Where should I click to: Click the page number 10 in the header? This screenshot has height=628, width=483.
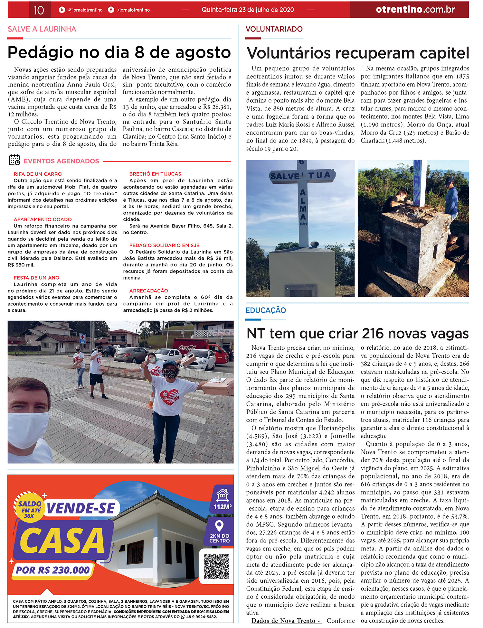click(x=39, y=10)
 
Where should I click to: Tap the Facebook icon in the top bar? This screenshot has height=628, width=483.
click(x=111, y=10)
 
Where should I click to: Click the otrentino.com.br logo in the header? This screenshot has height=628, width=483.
click(x=415, y=10)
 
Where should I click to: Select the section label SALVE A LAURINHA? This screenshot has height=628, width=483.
click(x=42, y=29)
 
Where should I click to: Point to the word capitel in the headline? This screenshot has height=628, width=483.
click(x=445, y=53)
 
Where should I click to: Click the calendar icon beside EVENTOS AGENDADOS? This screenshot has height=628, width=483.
click(x=14, y=160)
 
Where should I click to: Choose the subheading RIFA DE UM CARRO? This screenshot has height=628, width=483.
click(x=38, y=174)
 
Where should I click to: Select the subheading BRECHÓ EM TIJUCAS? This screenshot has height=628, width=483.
click(x=155, y=174)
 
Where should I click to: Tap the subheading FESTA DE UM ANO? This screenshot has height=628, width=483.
click(x=36, y=278)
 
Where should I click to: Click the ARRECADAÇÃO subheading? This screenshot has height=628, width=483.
click(x=148, y=291)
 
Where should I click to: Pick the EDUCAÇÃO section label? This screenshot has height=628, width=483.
click(x=266, y=310)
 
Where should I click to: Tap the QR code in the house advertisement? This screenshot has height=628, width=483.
click(x=217, y=566)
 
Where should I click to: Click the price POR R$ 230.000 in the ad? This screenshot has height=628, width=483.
click(x=53, y=570)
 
